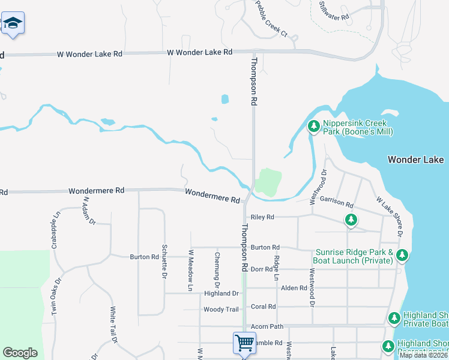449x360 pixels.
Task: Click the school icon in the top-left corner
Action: (13, 24)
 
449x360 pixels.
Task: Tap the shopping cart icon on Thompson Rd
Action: (244, 343)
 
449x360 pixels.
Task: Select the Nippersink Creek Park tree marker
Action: (313, 126)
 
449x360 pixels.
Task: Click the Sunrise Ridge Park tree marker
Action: (402, 256)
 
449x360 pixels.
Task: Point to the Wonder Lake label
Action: (415, 160)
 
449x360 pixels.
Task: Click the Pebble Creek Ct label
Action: (272, 20)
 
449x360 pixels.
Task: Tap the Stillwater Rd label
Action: (334, 11)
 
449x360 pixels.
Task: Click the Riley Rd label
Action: (262, 217)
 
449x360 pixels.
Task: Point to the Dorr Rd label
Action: (261, 269)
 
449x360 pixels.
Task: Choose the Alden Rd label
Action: (294, 288)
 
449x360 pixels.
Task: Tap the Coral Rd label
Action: (264, 307)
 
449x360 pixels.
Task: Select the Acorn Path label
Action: (267, 326)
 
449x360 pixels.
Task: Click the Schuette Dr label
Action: (163, 262)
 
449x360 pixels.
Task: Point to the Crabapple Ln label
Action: (54, 230)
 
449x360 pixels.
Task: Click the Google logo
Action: (20, 353)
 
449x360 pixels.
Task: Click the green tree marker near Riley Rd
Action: (351, 220)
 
